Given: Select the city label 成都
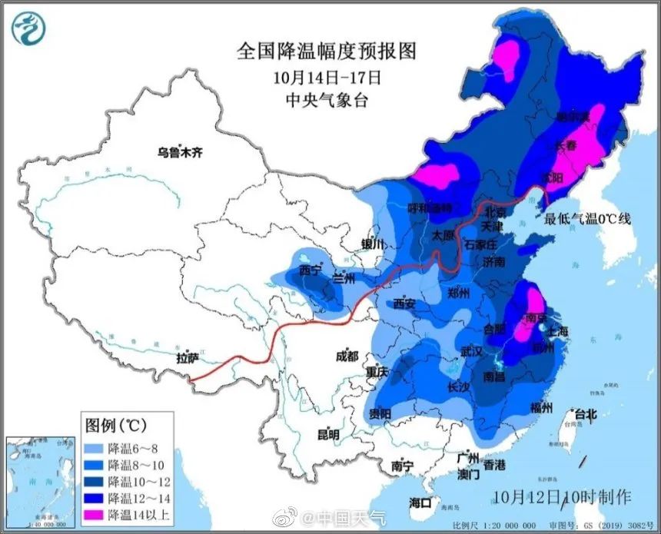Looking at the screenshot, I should point(347,356).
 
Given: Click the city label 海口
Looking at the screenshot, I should point(420,502).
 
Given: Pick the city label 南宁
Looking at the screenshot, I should point(403,466).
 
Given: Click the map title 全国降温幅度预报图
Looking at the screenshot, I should point(326,51).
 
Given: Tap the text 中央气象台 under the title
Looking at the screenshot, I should point(326,100).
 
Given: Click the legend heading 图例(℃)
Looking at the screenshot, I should point(115,424).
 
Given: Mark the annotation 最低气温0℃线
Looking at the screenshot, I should point(587,219).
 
